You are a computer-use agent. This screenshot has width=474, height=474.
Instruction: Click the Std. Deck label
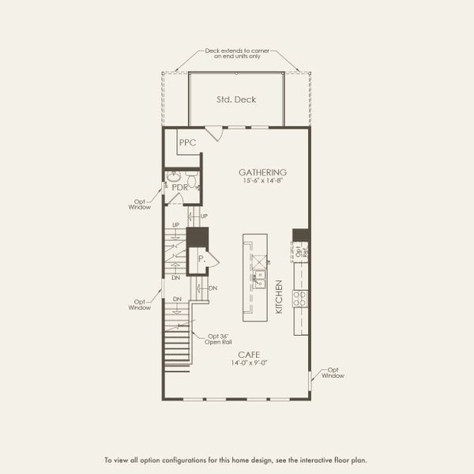point(237,100)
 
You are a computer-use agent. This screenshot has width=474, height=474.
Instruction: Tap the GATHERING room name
point(263,171)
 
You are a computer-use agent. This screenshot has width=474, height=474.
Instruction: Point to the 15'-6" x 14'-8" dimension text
point(263,181)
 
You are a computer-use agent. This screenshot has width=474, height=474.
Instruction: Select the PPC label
point(186,143)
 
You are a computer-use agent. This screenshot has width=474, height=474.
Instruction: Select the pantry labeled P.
point(202,258)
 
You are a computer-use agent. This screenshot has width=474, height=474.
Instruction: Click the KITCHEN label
point(279,297)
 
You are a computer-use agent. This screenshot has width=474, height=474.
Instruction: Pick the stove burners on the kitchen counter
point(300,298)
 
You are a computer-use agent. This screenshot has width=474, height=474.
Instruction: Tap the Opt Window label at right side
point(333,372)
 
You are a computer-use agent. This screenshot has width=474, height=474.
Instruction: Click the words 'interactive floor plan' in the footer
point(333,459)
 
